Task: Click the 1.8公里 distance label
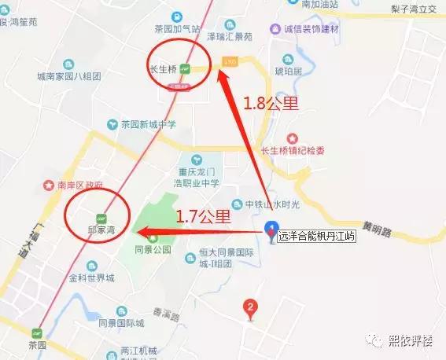tap(267, 103)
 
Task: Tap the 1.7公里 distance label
tap(203, 215)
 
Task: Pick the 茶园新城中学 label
tap(148, 124)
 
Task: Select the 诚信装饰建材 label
tap(319, 29)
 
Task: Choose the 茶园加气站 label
tap(175, 29)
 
